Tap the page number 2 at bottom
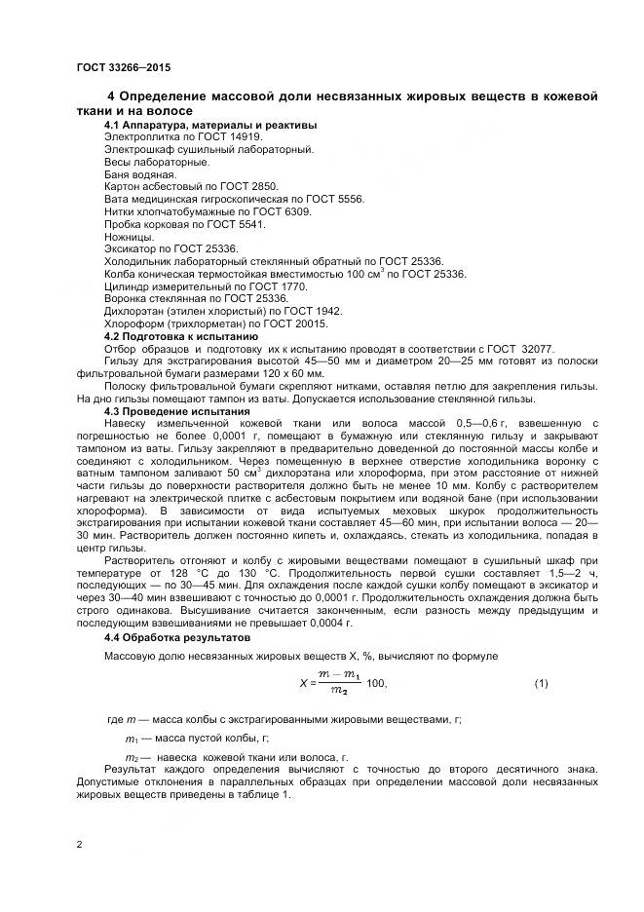[79, 843]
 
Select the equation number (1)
[542, 683]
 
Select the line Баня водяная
[140, 174]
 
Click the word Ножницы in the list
[129, 236]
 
